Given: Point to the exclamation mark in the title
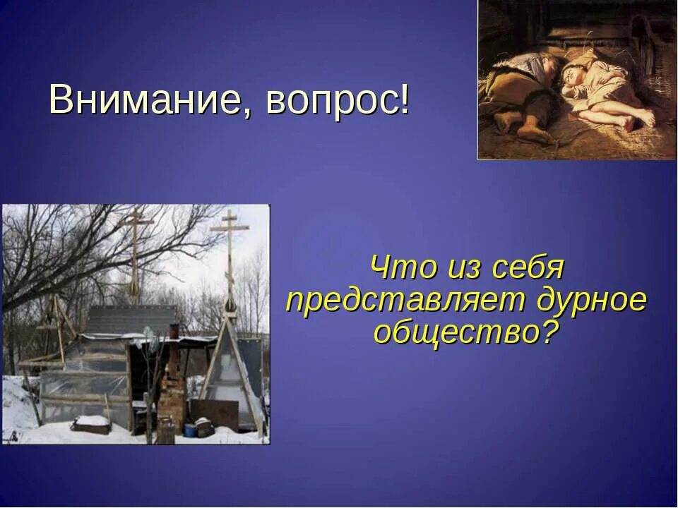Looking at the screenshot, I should pyautogui.click(x=405, y=99).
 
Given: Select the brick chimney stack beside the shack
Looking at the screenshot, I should pyautogui.click(x=172, y=392).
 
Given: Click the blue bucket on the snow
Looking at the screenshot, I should pyautogui.click(x=189, y=430).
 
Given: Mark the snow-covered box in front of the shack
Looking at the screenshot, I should pyautogui.click(x=91, y=424).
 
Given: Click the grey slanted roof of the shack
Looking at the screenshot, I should pyautogui.click(x=131, y=320).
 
